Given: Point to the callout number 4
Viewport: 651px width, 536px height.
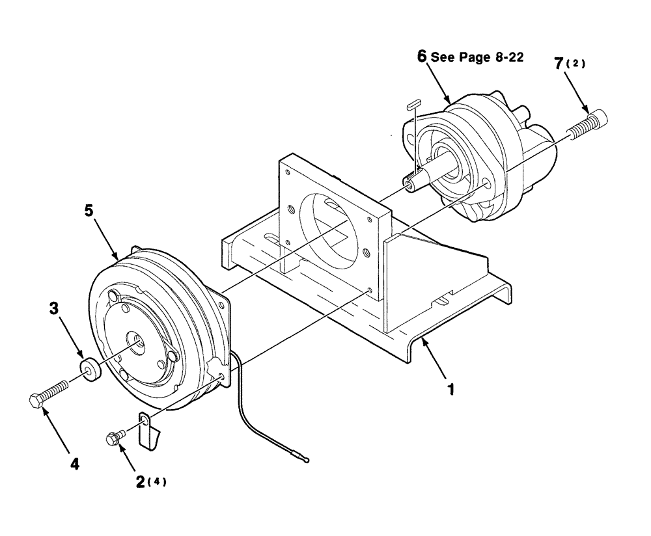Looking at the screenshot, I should (x=75, y=464).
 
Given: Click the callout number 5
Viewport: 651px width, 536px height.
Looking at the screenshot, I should (x=89, y=211).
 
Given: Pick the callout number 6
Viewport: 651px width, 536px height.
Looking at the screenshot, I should (x=422, y=57).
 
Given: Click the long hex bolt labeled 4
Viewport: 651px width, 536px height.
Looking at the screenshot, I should (x=49, y=393).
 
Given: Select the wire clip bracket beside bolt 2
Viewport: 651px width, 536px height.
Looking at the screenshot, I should (x=150, y=429).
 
